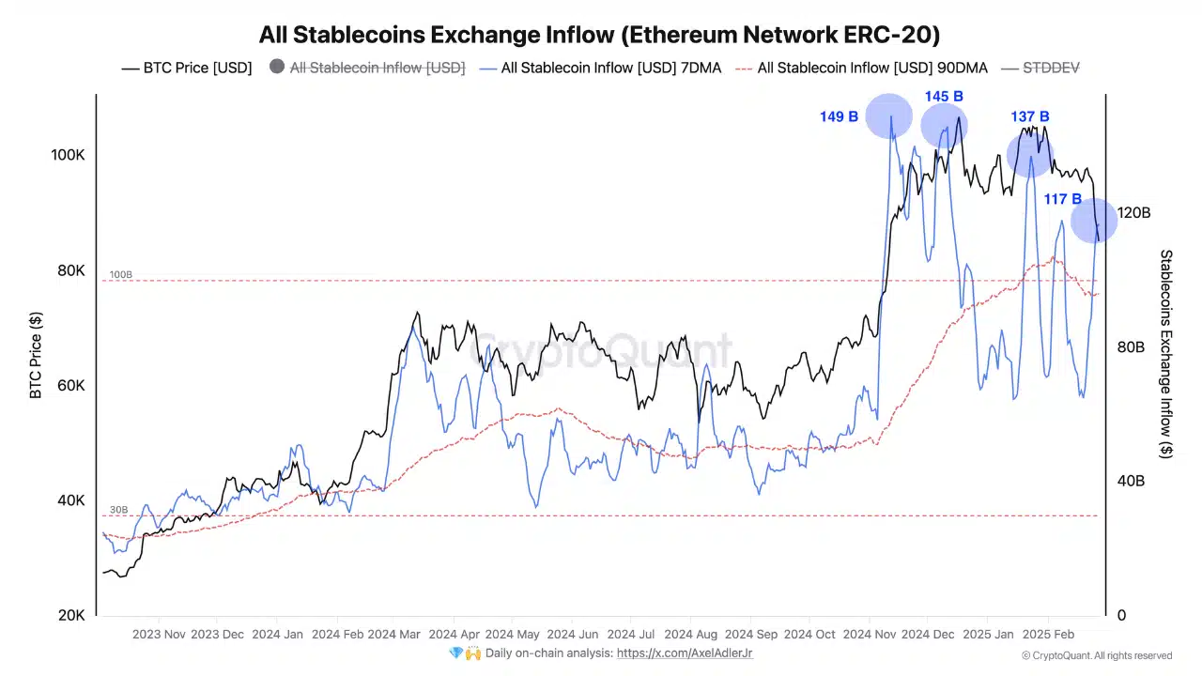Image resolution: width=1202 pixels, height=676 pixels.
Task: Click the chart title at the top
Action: tap(599, 35)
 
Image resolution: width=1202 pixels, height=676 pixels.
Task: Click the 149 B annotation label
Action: tap(839, 117)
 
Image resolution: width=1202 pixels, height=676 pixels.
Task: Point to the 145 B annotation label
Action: tap(944, 97)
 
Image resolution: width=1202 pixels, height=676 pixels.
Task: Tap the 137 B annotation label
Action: tap(1030, 116)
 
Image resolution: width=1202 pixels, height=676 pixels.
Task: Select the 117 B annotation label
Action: tap(1063, 199)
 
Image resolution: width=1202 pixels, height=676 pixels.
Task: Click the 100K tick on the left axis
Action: tap(68, 155)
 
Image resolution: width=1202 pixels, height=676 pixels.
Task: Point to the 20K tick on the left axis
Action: tap(71, 616)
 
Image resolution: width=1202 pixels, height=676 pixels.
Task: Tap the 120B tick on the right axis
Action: tap(1133, 213)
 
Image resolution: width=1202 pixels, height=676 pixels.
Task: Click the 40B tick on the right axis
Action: tap(1130, 482)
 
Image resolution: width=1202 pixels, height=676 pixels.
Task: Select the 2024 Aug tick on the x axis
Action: tap(690, 635)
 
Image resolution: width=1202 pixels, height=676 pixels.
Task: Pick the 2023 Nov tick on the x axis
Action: tap(160, 635)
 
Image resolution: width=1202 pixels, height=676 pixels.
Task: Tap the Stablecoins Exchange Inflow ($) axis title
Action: tap(1166, 354)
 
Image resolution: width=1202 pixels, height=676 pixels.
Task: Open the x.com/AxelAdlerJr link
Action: tap(685, 653)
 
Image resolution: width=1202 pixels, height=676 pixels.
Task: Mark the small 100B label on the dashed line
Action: tap(121, 275)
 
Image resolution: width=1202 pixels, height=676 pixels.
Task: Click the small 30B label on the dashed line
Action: tap(118, 510)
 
